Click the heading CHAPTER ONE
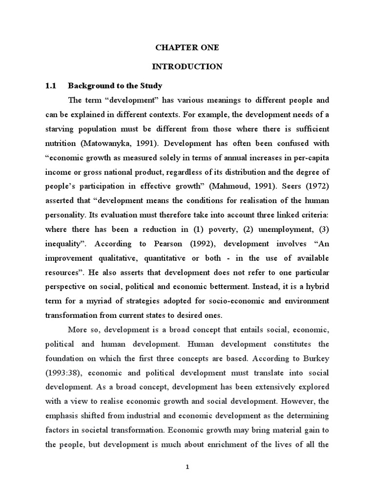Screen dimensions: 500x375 tap(187, 48)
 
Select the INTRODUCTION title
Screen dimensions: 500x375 tap(187, 66)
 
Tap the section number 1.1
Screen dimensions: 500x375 tap(51, 86)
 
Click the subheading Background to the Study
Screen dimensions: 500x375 tap(115, 86)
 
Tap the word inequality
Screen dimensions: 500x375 tap(63, 243)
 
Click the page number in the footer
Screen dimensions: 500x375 tap(187, 467)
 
